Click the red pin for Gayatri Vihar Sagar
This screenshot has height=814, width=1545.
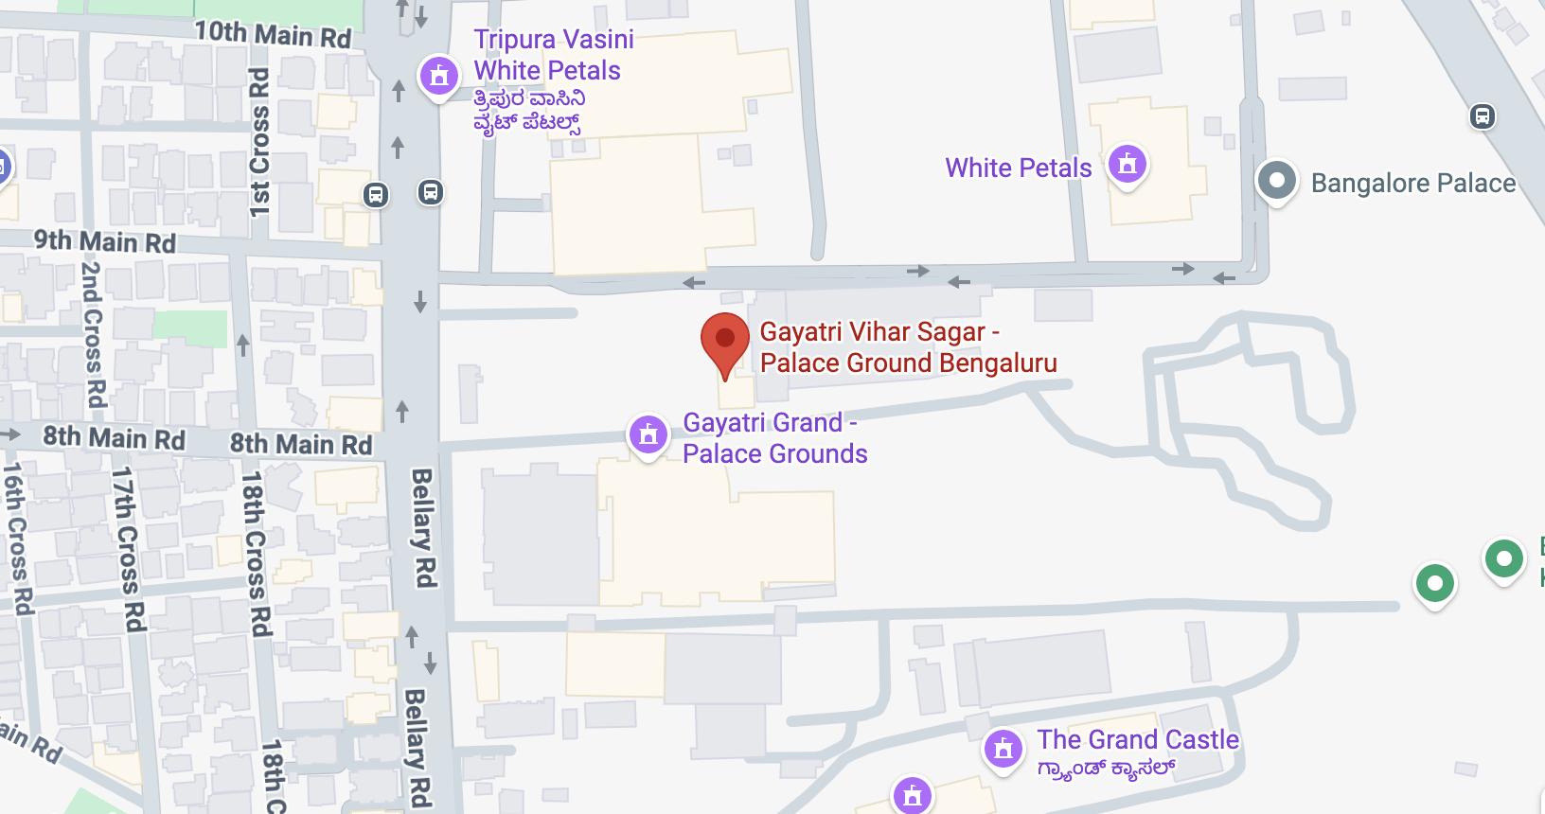725,340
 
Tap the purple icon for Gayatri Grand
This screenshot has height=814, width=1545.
648,434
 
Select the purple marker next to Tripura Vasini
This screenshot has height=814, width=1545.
439,75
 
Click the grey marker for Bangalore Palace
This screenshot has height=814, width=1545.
1276,180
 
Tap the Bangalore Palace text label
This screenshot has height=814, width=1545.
1412,183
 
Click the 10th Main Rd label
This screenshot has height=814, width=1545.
273,34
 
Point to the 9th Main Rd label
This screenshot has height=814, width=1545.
105,241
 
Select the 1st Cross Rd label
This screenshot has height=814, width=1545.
260,142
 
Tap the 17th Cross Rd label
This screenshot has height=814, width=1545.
128,549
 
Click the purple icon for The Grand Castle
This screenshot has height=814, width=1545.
1003,749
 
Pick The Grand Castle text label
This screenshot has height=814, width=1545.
1137,739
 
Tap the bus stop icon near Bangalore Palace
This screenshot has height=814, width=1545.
1482,116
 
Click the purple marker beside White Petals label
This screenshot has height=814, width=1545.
1128,165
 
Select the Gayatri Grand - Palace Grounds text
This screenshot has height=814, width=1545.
774,438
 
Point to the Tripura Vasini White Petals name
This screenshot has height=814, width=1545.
553,55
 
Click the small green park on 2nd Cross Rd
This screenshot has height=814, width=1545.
190,327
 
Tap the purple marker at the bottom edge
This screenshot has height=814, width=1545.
913,795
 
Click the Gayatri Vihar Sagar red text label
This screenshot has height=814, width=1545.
907,347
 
